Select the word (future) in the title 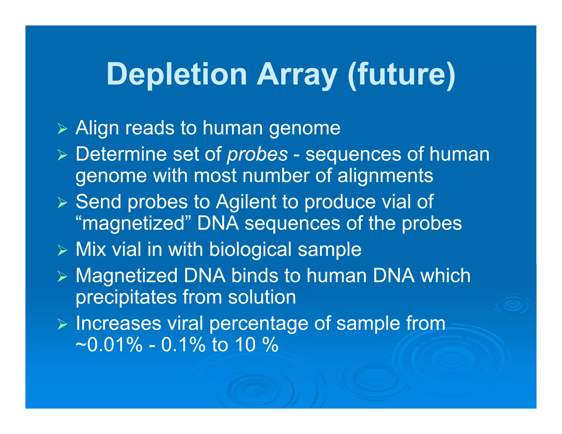[401, 75]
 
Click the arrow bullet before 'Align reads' [62, 129]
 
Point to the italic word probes [257, 154]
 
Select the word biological [250, 249]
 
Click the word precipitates [126, 297]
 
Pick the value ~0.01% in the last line [109, 345]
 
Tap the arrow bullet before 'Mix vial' [62, 250]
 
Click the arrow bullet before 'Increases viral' [62, 325]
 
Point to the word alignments [385, 176]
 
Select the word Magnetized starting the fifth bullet [127, 275]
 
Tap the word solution [262, 297]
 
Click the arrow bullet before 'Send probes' [62, 203]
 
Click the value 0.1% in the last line [183, 345]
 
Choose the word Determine [121, 154]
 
